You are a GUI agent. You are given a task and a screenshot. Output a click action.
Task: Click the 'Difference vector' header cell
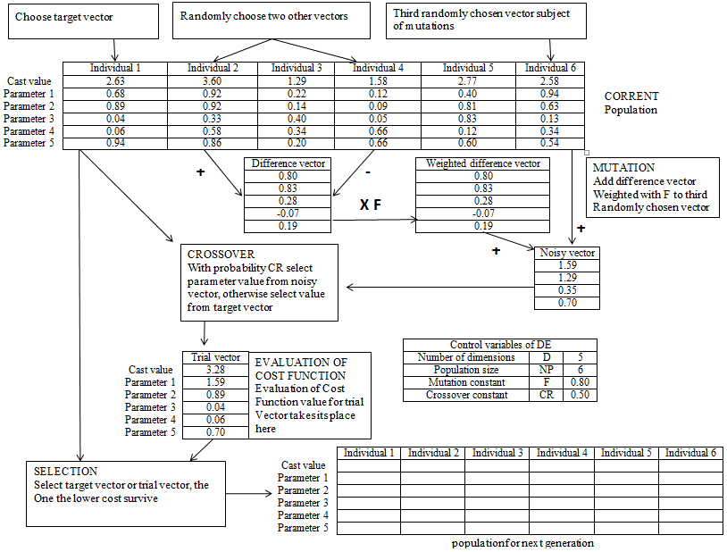coord(288,163)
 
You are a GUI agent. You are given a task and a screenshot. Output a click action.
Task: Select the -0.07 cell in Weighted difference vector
coord(482,213)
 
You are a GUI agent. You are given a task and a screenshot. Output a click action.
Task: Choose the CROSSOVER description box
coord(259,281)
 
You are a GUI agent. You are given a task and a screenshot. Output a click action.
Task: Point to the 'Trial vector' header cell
coord(216,357)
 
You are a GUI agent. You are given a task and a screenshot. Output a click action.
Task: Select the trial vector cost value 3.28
coord(216,370)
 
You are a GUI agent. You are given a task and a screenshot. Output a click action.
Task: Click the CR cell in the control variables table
coord(549,395)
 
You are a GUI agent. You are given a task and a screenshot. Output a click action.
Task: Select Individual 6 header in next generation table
coord(690,453)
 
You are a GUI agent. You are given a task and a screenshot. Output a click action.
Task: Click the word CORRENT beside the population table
coord(631,96)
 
